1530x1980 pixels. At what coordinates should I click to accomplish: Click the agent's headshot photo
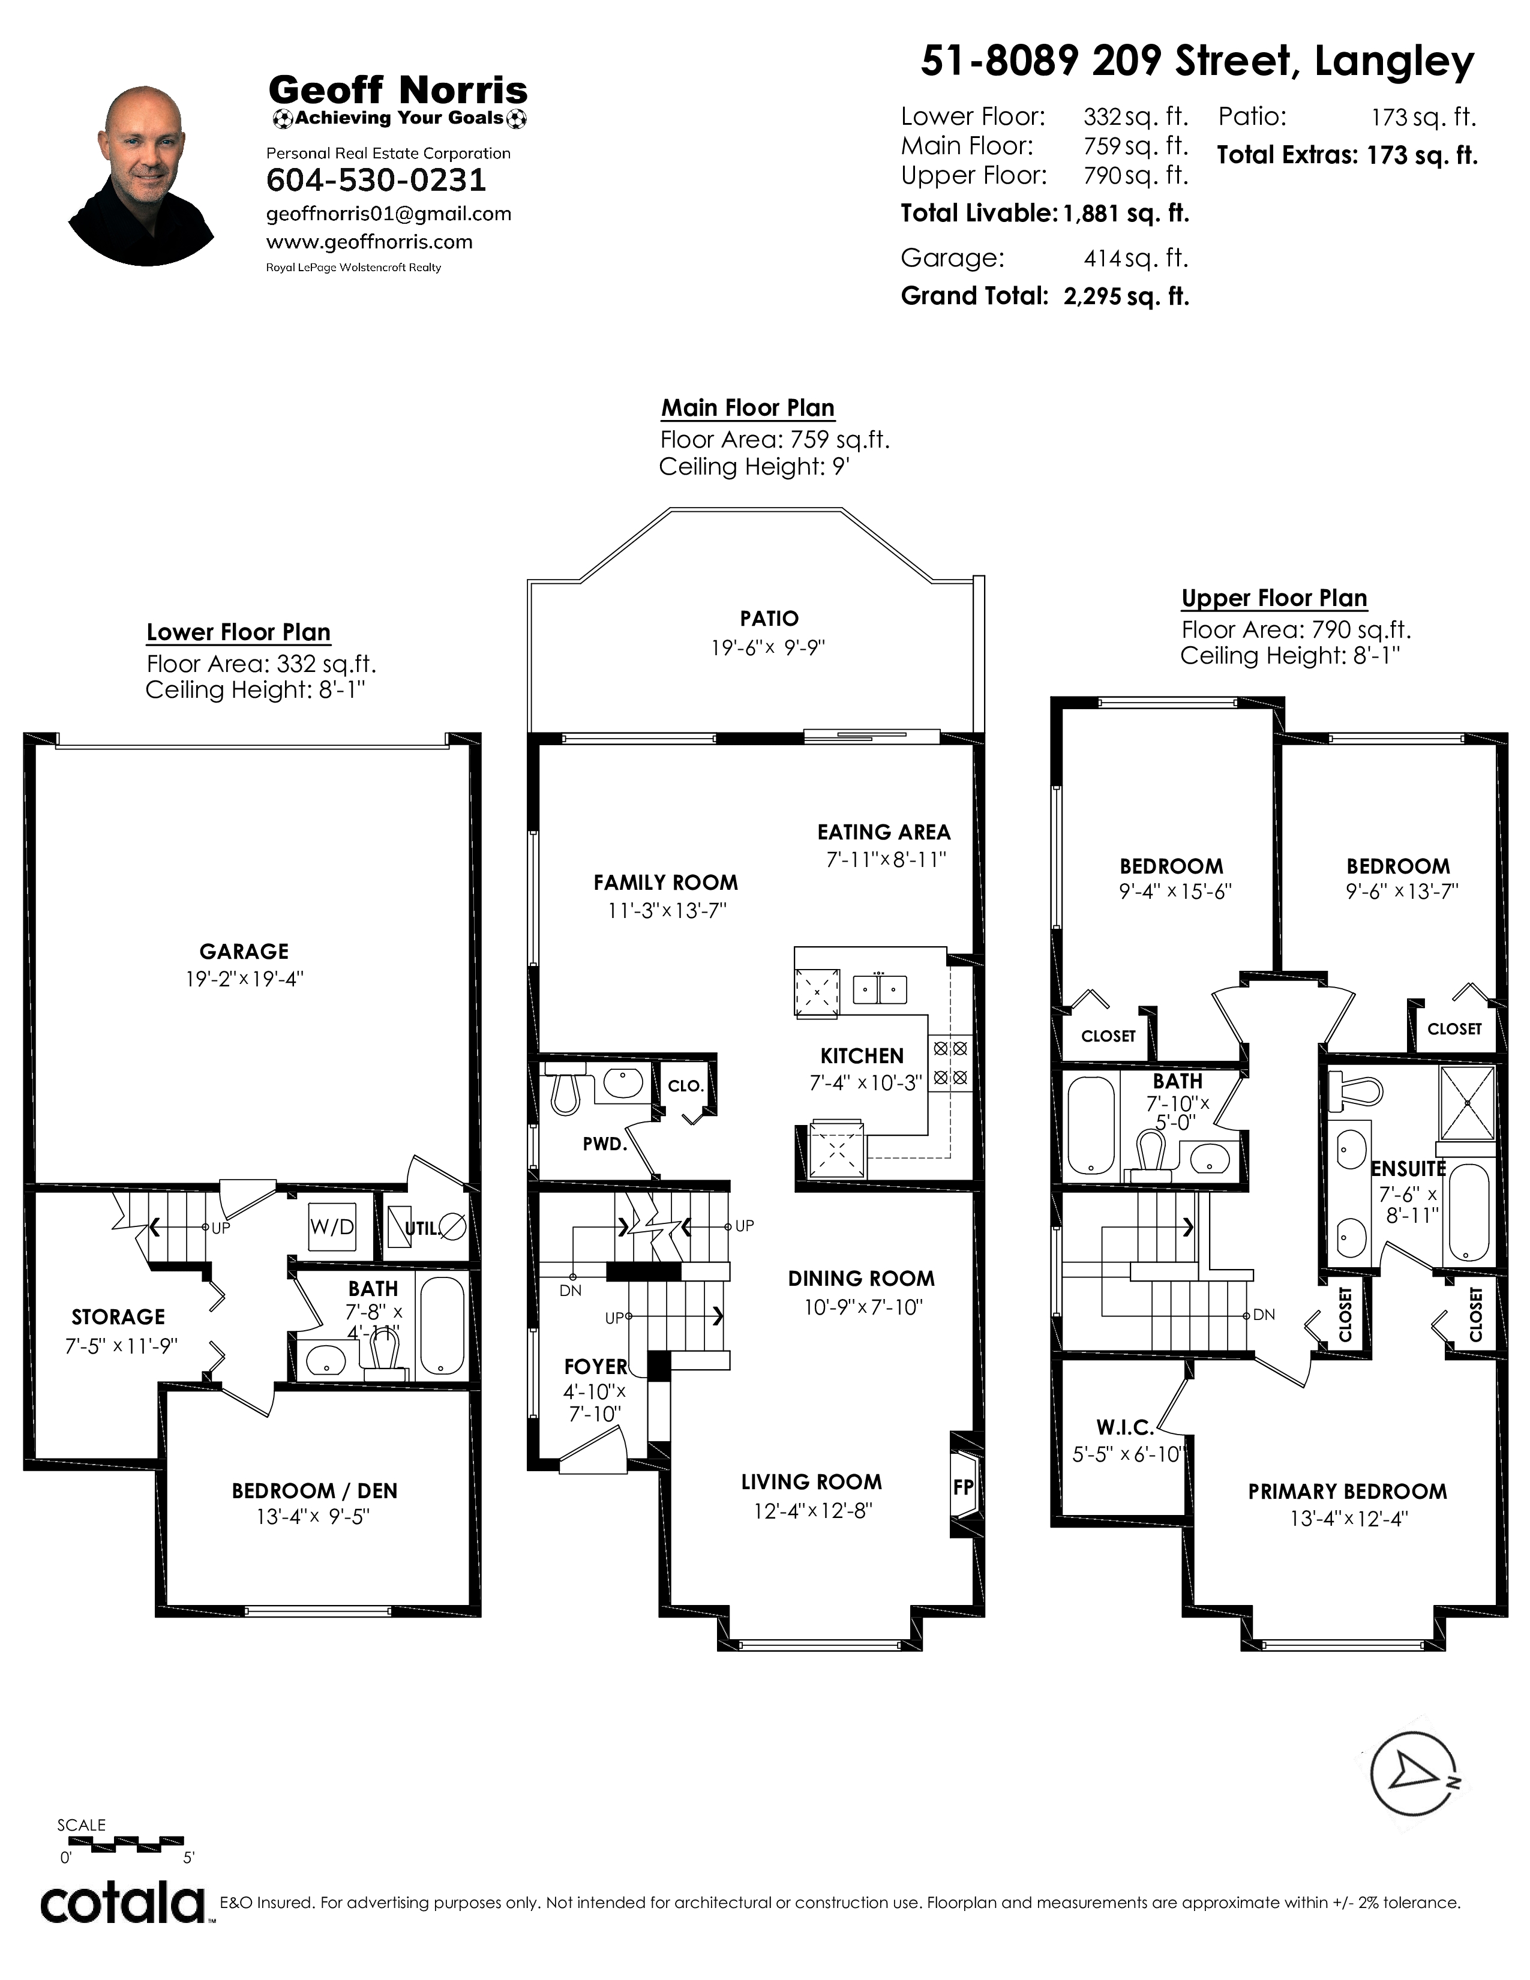(142, 176)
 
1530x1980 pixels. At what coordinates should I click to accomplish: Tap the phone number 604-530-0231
(376, 181)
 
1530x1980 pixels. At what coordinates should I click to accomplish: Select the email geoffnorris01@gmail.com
(389, 214)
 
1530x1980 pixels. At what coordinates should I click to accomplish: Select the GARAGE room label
(244, 951)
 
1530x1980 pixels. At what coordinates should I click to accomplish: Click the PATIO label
(769, 618)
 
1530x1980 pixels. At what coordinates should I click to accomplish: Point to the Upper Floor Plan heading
(1273, 598)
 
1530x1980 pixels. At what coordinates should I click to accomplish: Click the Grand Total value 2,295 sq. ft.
(1126, 296)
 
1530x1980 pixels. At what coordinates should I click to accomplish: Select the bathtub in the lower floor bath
(442, 1325)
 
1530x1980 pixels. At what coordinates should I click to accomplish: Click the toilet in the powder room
(565, 1093)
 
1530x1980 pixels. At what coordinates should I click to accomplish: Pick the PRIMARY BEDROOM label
(1347, 1492)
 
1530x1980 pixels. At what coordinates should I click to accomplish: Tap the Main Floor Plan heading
(748, 408)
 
